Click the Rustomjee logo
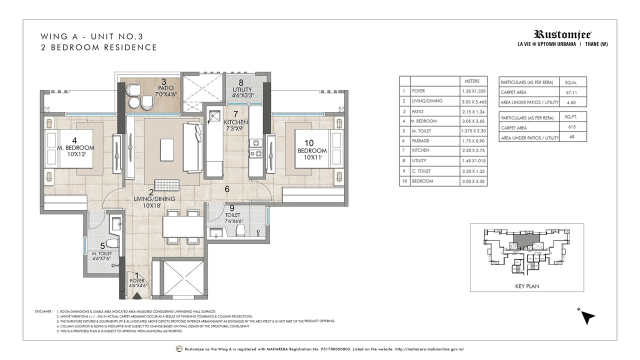coord(562,34)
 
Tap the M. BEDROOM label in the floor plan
coord(75,148)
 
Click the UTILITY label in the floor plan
coord(242,90)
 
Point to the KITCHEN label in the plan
coord(236,122)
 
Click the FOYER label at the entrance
coord(136,281)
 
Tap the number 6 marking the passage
coord(226,189)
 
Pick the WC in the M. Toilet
coord(112,243)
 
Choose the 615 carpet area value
coord(572,127)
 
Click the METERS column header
coord(472,81)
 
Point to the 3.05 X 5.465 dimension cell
coord(472,101)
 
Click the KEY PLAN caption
coord(526,287)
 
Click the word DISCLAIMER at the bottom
coord(44,311)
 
